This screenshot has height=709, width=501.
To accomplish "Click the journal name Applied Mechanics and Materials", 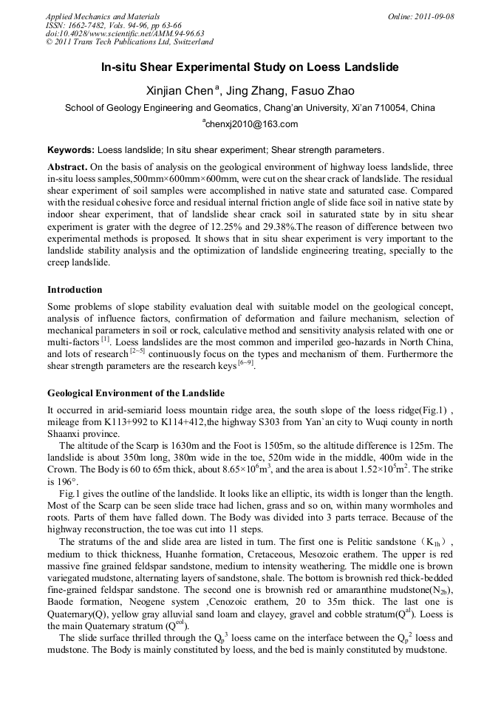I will pyautogui.click(x=103, y=16).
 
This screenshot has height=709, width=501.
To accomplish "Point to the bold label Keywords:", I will pyautogui.click(x=70, y=149).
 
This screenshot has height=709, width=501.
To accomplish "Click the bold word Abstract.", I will pyautogui.click(x=68, y=167).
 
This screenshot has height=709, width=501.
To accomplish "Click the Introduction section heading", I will pyautogui.click(x=75, y=289).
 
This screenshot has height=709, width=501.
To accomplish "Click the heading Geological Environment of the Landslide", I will pyautogui.click(x=136, y=393).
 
